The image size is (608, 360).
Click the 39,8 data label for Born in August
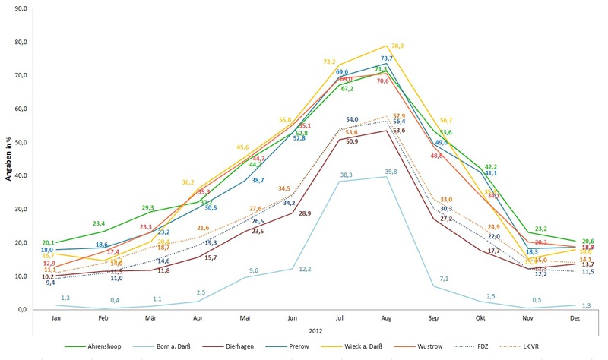click(391, 172)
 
